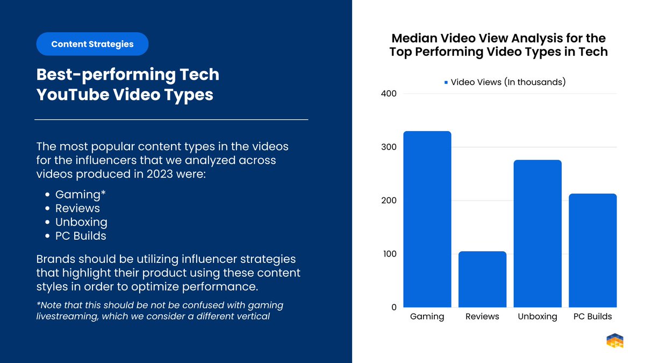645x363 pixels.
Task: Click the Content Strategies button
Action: (92, 44)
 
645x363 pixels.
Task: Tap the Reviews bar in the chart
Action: (482, 279)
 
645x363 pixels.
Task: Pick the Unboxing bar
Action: (537, 233)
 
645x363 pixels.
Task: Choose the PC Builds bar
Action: (592, 251)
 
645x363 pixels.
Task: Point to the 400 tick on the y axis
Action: (389, 94)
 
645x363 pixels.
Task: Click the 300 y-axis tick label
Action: (389, 147)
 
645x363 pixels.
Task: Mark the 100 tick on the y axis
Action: (389, 254)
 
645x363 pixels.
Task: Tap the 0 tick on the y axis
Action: (393, 308)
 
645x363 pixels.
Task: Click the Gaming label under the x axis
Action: (427, 317)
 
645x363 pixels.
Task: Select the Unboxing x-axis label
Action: (537, 317)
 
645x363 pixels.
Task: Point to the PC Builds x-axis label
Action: (592, 317)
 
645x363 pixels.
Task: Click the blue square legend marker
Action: (446, 83)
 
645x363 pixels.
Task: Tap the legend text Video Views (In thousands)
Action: (508, 82)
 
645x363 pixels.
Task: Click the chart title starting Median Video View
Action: (498, 45)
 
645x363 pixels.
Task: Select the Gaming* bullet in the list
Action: (81, 194)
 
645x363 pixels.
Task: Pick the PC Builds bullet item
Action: (81, 236)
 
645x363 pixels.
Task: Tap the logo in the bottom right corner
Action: (614, 341)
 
